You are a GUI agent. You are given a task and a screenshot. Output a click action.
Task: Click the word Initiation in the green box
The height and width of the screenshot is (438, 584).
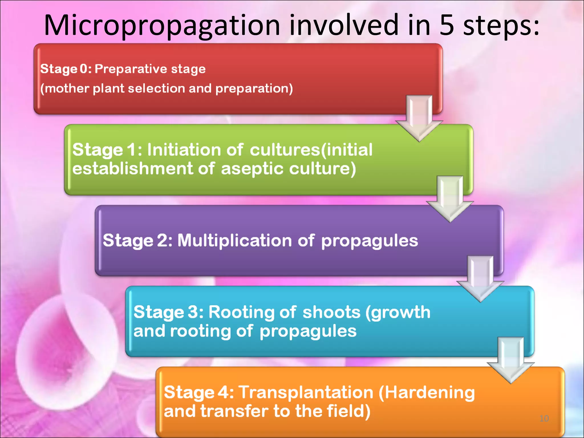click(x=184, y=150)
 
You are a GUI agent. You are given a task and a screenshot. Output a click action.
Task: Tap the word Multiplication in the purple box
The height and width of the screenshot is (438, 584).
click(x=234, y=240)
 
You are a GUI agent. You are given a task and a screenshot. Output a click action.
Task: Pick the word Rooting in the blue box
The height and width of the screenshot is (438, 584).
click(x=241, y=312)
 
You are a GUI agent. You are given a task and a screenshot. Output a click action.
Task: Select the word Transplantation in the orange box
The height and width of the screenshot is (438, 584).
click(x=306, y=392)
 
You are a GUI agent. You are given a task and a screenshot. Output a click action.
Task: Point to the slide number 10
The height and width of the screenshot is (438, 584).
click(x=544, y=419)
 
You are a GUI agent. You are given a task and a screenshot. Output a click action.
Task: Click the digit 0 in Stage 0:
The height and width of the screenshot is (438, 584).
click(x=84, y=69)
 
